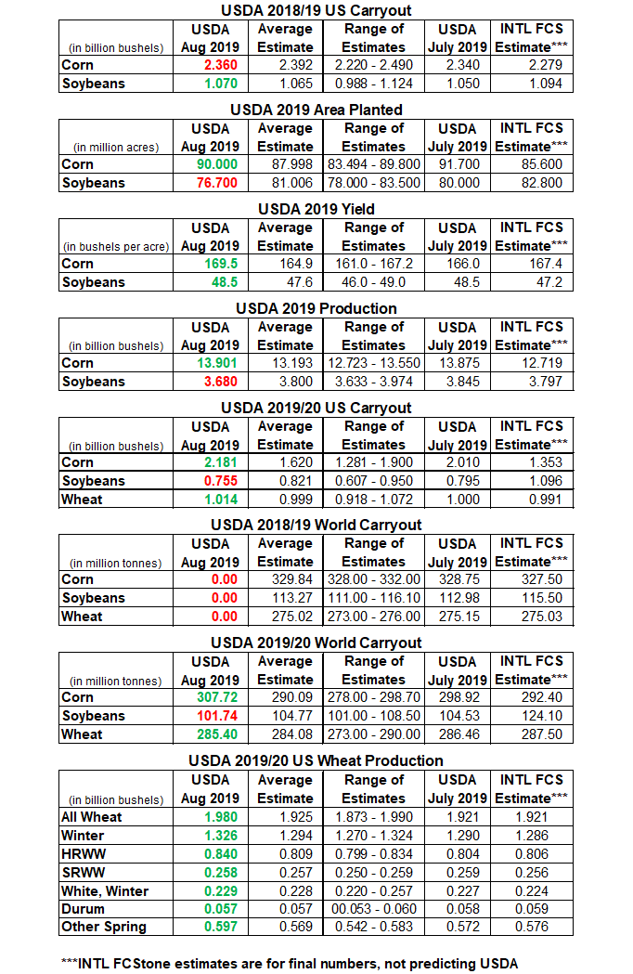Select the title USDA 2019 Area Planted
click(x=316, y=110)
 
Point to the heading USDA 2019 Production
click(x=316, y=308)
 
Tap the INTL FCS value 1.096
click(x=531, y=481)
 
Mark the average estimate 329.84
click(x=286, y=579)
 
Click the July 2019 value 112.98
click(x=458, y=598)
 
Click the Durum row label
click(x=83, y=909)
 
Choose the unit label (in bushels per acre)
click(x=117, y=246)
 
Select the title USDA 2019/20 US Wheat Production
click(x=316, y=760)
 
